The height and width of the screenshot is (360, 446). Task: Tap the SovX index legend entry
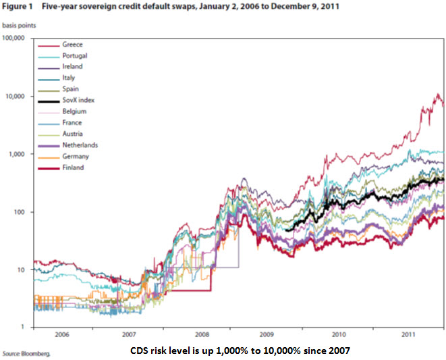pyautogui.click(x=76, y=100)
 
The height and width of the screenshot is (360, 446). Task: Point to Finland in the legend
pyautogui.click(x=72, y=167)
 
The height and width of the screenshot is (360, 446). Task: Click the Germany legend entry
pyautogui.click(x=74, y=156)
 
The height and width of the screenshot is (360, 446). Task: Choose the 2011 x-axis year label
pyautogui.click(x=407, y=334)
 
